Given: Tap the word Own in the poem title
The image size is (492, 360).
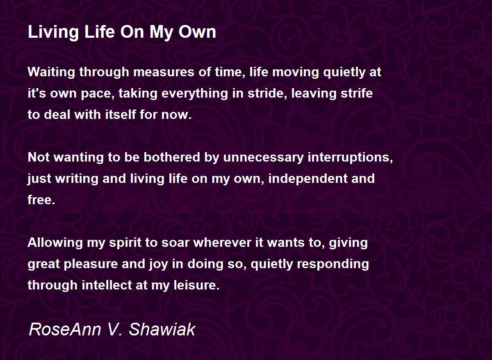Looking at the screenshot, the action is coord(197,32).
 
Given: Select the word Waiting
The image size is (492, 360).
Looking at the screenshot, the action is coord(51,72).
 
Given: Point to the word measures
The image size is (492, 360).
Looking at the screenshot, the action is coord(164,72).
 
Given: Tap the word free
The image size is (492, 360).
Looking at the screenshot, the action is coord(41,200).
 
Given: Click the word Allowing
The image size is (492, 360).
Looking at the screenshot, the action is coord(55,243).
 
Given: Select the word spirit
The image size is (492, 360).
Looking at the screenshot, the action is coord(125,243).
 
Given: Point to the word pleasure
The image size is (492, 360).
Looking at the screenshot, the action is coord(91,264).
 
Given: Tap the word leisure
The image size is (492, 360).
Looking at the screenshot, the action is coord(197,285).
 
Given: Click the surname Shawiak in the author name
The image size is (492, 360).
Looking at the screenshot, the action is coord(162,330).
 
